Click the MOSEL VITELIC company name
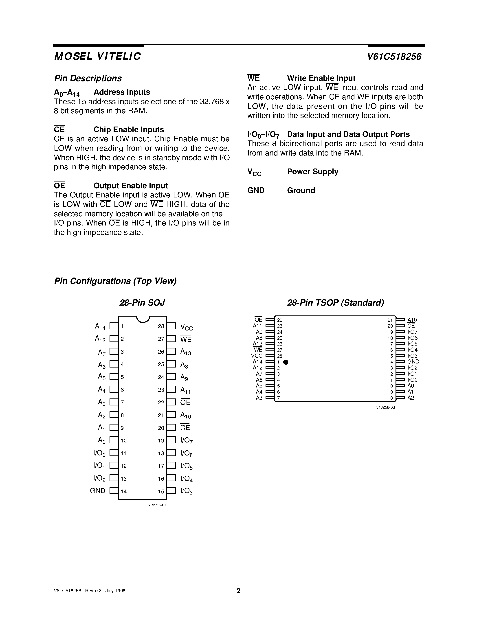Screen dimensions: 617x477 [x=97, y=57]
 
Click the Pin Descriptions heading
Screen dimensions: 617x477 [x=88, y=78]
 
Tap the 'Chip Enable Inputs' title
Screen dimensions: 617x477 [x=129, y=130]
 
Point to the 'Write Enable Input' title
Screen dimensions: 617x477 [x=321, y=78]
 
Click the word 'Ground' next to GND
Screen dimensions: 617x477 [x=301, y=190]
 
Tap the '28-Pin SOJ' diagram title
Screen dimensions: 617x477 [x=142, y=303]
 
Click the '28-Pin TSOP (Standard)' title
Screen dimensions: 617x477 [x=335, y=303]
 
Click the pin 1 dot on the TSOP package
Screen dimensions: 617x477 [x=286, y=362]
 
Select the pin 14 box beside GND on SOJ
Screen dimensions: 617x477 [x=114, y=491]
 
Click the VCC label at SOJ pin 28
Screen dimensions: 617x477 [x=186, y=327]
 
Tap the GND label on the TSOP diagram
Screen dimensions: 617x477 [x=413, y=362]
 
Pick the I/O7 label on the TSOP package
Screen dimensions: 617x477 [x=412, y=332]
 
